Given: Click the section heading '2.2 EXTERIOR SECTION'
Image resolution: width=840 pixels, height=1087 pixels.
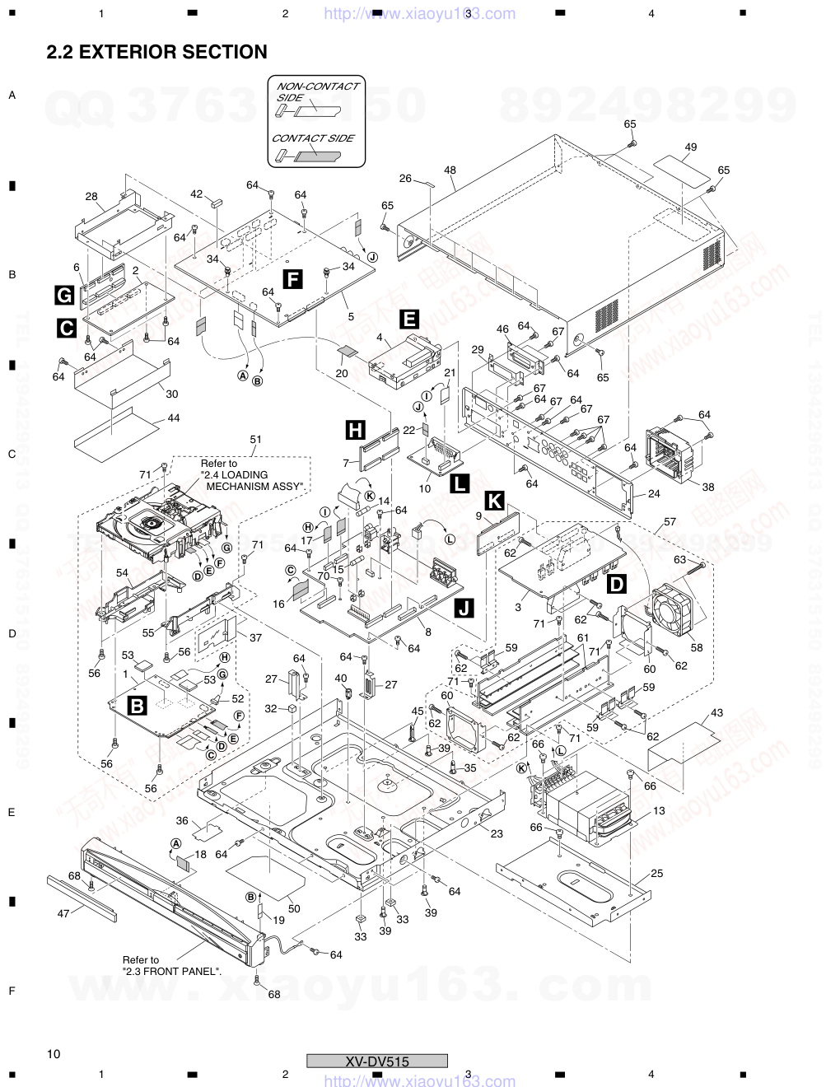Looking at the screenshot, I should pyautogui.click(x=156, y=53).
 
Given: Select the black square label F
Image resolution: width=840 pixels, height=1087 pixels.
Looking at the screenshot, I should pyautogui.click(x=292, y=278).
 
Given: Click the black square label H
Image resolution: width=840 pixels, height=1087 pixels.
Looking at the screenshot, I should pyautogui.click(x=355, y=429).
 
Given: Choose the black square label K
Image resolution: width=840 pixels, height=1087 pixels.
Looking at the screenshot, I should pyautogui.click(x=494, y=499).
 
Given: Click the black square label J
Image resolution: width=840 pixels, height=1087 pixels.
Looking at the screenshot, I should pyautogui.click(x=464, y=609).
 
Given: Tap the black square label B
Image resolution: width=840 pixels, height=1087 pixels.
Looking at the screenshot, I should pyautogui.click(x=137, y=705).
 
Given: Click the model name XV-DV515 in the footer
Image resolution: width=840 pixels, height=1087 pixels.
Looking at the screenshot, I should pyautogui.click(x=377, y=1061).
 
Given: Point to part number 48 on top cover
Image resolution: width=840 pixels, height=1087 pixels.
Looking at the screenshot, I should pyautogui.click(x=450, y=170).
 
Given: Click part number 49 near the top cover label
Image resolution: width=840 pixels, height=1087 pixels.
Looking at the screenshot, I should pyautogui.click(x=690, y=147).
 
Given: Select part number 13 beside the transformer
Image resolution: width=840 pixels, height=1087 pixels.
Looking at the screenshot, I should pyautogui.click(x=659, y=811).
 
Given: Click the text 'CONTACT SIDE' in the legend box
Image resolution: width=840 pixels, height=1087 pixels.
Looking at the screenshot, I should pyautogui.click(x=313, y=138).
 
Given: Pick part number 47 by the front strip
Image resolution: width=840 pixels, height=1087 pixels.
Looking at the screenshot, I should pyautogui.click(x=63, y=913).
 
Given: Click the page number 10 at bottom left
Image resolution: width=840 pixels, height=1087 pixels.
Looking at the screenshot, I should pyautogui.click(x=54, y=1054).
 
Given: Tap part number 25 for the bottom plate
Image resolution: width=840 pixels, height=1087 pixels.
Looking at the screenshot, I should pyautogui.click(x=656, y=873).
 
